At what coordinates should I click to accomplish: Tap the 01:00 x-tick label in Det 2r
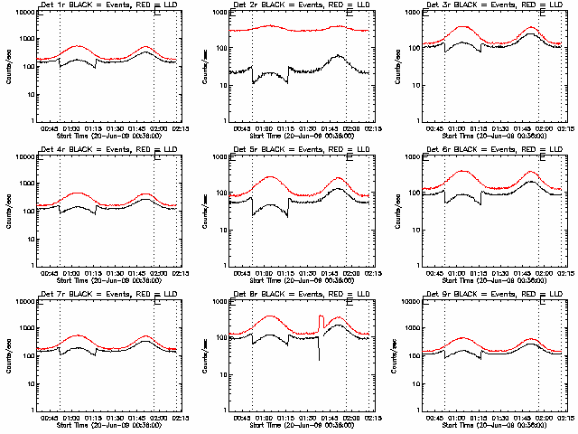coord(265,129)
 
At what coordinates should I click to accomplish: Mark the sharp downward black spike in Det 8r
coord(319,358)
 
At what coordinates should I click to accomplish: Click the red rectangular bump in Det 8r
coord(322,318)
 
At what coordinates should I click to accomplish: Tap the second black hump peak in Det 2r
coord(337,56)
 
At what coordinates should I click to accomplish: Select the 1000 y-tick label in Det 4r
coord(23,184)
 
